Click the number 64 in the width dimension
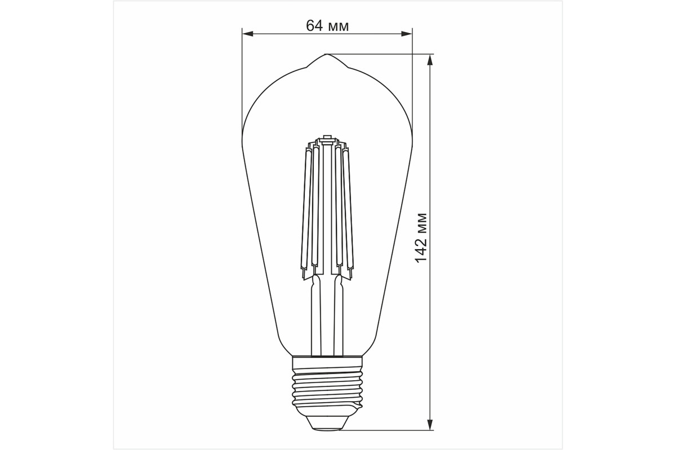[314, 26]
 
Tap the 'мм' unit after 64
[339, 27]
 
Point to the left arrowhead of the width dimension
[247, 34]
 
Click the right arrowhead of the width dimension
[407, 34]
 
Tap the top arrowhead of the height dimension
[430, 60]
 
